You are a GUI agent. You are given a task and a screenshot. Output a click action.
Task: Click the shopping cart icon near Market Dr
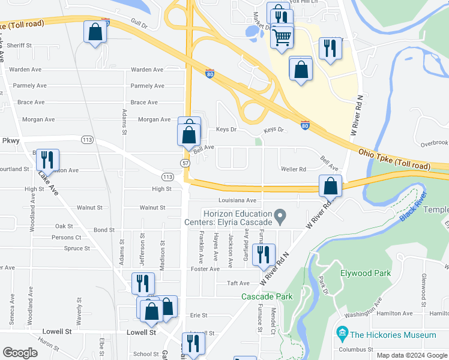282,37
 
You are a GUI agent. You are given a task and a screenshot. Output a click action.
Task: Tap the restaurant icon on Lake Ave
47,160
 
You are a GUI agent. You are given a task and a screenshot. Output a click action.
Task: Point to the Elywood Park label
365,273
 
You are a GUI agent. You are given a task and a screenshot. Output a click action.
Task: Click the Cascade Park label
267,296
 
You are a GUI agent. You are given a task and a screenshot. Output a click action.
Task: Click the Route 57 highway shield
185,163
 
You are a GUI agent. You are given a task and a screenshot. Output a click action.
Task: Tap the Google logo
20,352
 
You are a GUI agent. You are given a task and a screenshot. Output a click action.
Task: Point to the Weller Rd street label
294,169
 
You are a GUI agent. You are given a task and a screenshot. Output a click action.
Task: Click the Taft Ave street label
238,283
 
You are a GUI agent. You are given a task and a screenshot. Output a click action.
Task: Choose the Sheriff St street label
19,46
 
